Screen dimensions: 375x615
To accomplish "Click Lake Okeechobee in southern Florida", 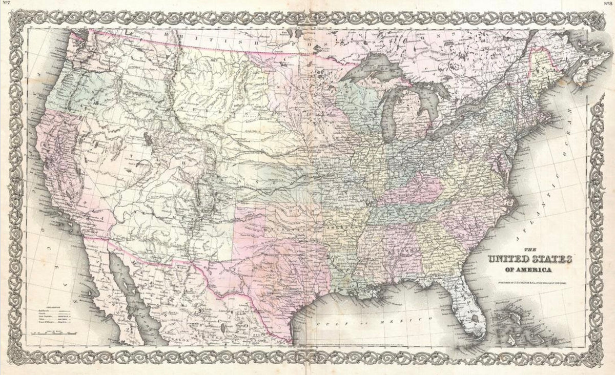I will (x=475, y=318).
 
